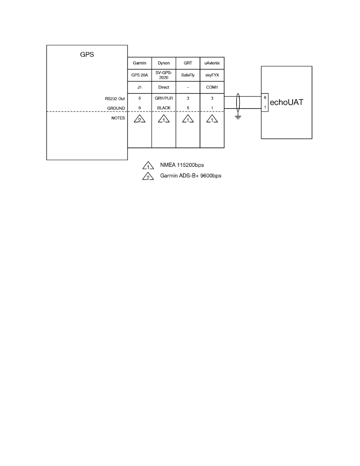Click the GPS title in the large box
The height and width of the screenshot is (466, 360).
(x=87, y=54)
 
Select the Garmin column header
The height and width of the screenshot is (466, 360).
(x=139, y=63)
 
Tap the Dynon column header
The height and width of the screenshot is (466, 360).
(x=164, y=63)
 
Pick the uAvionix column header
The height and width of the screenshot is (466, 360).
(x=212, y=63)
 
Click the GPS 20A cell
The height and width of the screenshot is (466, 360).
(x=139, y=75)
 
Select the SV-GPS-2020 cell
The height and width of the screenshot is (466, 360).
(x=164, y=75)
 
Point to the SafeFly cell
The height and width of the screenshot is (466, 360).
(x=188, y=75)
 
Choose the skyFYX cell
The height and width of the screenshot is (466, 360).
(x=212, y=75)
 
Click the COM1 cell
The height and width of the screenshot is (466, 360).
(x=212, y=87)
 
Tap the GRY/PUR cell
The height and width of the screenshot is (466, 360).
(x=164, y=98)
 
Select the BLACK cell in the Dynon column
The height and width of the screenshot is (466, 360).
(x=164, y=108)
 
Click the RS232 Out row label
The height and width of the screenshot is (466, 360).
(x=115, y=99)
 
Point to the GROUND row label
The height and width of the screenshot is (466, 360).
(x=116, y=108)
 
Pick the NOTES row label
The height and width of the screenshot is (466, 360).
(x=118, y=118)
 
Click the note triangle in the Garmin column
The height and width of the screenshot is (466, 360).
(x=139, y=119)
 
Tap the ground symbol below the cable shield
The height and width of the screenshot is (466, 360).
(x=238, y=117)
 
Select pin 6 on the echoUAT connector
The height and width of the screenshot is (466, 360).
(x=265, y=98)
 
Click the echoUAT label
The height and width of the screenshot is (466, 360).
(x=286, y=102)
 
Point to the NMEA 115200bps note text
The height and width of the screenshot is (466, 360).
(x=182, y=165)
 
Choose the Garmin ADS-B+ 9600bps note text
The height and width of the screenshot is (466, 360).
(x=191, y=176)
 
